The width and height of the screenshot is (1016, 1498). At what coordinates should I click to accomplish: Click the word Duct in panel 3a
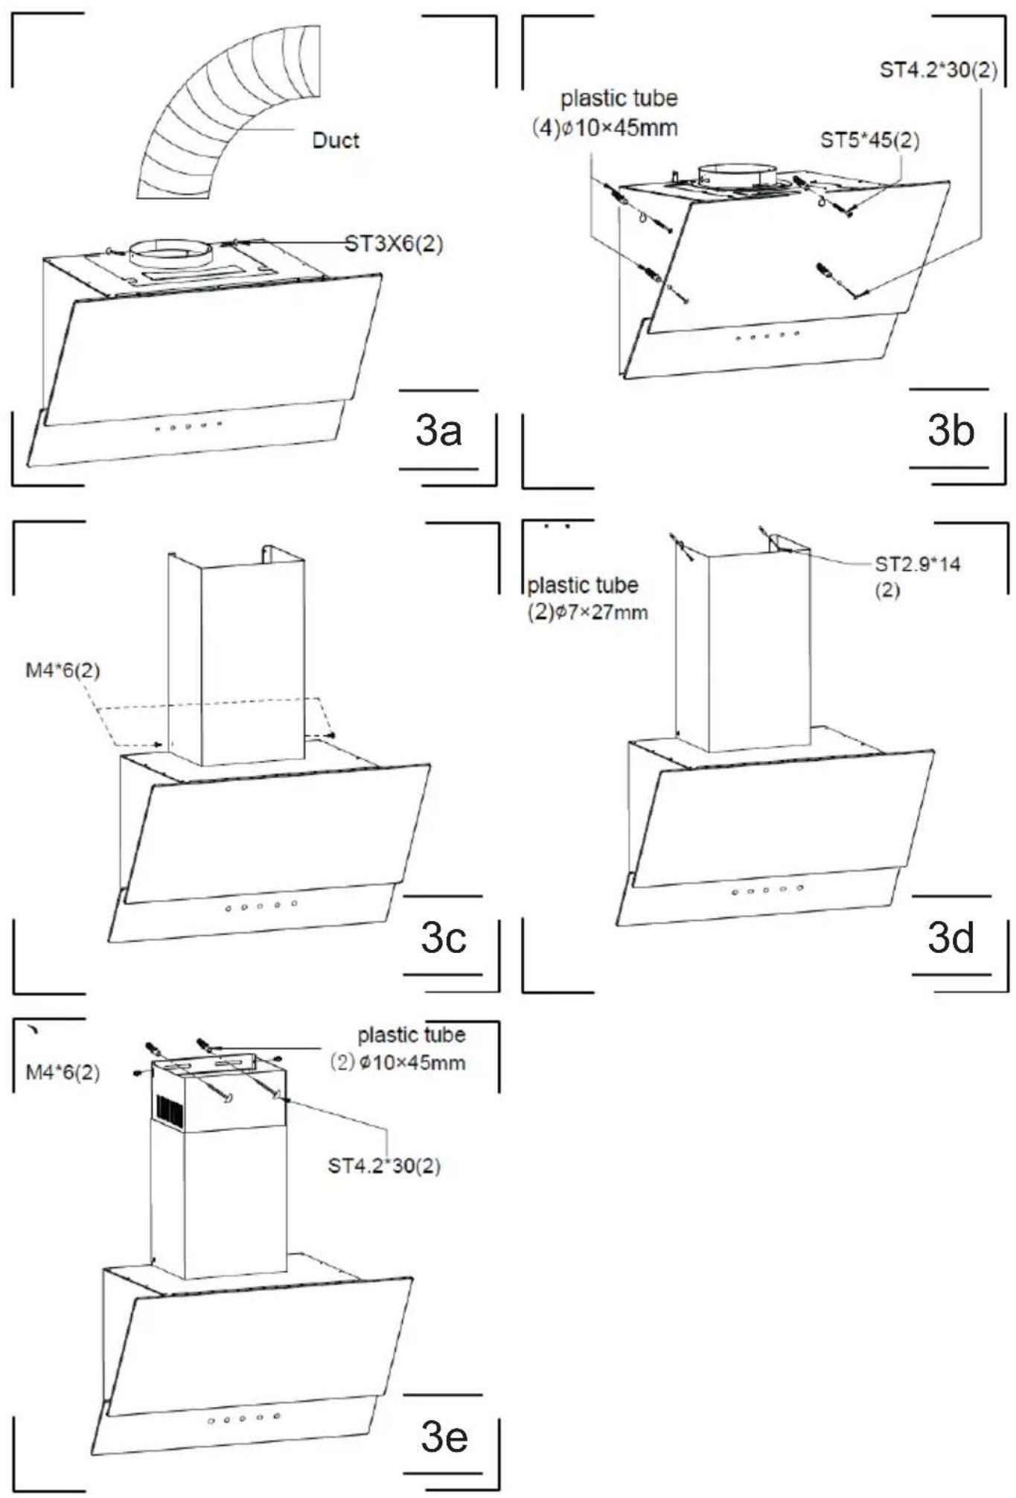click(335, 140)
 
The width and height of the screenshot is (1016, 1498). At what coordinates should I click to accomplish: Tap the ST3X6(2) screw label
click(394, 243)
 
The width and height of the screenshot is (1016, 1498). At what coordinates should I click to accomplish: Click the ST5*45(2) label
click(869, 140)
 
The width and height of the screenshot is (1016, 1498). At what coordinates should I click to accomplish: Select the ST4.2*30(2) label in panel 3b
click(939, 71)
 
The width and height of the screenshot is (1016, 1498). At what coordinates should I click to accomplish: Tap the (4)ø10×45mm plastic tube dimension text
click(604, 128)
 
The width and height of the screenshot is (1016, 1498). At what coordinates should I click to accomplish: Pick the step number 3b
click(950, 430)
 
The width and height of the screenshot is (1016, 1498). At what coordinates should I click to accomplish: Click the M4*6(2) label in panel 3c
click(63, 670)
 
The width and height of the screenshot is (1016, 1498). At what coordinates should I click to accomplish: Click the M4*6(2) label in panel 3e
click(63, 1072)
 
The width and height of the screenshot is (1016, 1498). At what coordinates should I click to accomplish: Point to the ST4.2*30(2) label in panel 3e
click(384, 1165)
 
